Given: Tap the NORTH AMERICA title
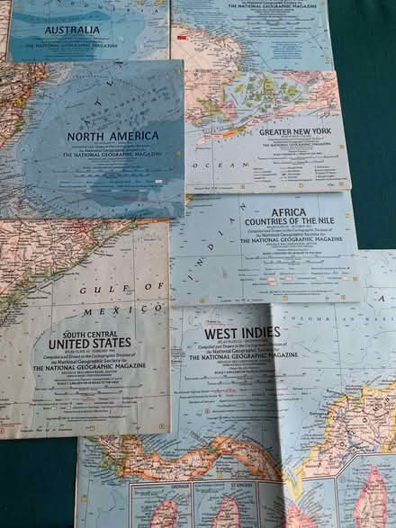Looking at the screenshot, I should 113,136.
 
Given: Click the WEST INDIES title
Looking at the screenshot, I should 242,333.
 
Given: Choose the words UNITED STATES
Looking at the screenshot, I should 89,343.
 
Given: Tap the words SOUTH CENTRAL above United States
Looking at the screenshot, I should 89,333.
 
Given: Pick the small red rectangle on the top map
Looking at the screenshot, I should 182,38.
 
